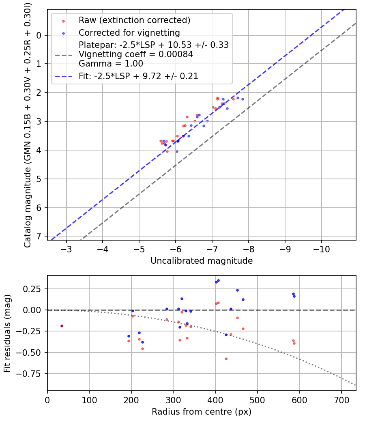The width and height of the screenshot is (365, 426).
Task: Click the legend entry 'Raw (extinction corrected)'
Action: click(x=135, y=20)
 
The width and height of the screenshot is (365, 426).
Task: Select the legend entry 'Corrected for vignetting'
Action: click(x=129, y=32)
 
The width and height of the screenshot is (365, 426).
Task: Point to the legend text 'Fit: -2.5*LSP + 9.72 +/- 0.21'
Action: click(x=139, y=76)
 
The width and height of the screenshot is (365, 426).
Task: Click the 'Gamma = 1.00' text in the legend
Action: click(x=111, y=64)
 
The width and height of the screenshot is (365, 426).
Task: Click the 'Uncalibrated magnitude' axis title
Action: click(x=202, y=261)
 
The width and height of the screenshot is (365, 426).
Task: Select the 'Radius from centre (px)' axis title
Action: click(x=202, y=412)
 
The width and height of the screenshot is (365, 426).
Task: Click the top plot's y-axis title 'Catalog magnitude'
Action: click(x=28, y=124)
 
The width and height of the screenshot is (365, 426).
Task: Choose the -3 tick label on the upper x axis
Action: click(x=67, y=248)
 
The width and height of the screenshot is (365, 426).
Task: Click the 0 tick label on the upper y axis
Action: click(x=39, y=35)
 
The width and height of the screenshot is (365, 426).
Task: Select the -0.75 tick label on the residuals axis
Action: click(x=33, y=374)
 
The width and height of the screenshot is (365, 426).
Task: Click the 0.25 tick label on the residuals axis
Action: click(x=34, y=288)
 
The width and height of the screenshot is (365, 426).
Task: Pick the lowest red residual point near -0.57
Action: click(x=226, y=359)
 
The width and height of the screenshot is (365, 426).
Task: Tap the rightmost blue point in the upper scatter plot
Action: click(x=243, y=99)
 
